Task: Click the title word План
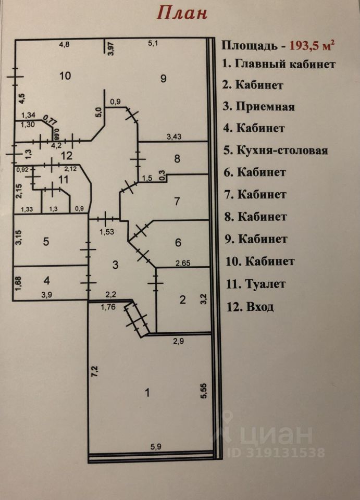pyautogui.click(x=182, y=13)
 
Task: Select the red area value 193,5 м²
pyautogui.click(x=312, y=45)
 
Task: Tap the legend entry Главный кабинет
pyautogui.click(x=285, y=65)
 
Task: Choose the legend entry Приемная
pyautogui.click(x=265, y=106)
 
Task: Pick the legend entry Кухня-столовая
pyautogui.click(x=282, y=150)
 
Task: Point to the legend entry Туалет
pyautogui.click(x=265, y=284)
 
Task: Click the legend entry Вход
pyautogui.click(x=260, y=307)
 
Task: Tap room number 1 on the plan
pyautogui.click(x=147, y=393)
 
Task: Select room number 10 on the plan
pyautogui.click(x=65, y=76)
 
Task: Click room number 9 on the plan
pyautogui.click(x=163, y=78)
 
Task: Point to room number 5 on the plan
pyautogui.click(x=46, y=241)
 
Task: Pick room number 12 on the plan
pyautogui.click(x=67, y=155)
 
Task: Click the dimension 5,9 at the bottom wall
pyautogui.click(x=156, y=447)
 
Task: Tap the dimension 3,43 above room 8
pyautogui.click(x=174, y=137)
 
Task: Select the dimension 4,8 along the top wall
pyautogui.click(x=65, y=44)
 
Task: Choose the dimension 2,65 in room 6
pyautogui.click(x=183, y=263)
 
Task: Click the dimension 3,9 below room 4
pyautogui.click(x=46, y=295)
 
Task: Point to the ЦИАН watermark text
pyautogui.click(x=276, y=435)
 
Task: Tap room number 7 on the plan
pyautogui.click(x=177, y=202)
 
